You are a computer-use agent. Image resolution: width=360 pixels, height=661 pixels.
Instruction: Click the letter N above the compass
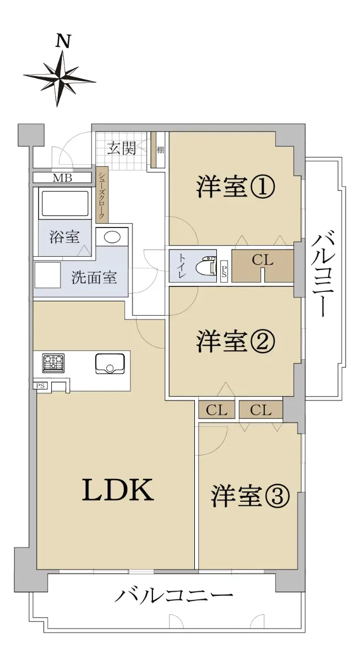[x=63, y=42]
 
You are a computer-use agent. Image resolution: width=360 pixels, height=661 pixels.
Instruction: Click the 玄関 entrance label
[x=121, y=148]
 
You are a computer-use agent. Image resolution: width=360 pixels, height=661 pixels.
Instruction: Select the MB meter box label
[x=62, y=178]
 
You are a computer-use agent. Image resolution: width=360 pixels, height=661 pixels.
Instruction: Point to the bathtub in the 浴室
[x=65, y=203]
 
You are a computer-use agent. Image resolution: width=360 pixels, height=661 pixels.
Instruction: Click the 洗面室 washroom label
[x=94, y=278]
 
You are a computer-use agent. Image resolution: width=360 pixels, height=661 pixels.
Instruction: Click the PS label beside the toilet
[x=224, y=269]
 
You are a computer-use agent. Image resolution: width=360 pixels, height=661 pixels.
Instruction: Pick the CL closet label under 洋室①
[x=263, y=260]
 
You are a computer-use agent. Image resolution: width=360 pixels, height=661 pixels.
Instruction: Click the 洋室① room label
[x=236, y=187]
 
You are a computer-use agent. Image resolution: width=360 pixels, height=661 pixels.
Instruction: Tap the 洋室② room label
[x=236, y=342]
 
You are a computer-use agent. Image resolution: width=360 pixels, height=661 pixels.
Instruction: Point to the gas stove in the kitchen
[x=53, y=362]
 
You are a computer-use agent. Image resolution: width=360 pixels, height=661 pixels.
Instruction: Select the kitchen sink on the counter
[x=110, y=364]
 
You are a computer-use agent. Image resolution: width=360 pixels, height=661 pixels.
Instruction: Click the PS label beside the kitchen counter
[x=40, y=386]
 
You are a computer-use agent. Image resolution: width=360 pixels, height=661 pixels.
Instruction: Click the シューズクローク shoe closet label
[x=101, y=196]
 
